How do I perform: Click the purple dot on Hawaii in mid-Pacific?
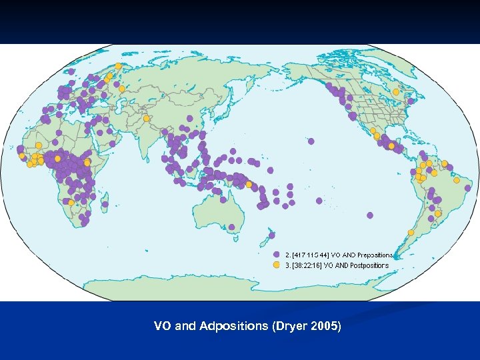click(311, 141)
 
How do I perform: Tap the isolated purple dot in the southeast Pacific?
click(370, 215)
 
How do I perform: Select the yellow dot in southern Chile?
click(411, 232)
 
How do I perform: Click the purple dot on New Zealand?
click(272, 235)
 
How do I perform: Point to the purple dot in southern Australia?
click(232, 227)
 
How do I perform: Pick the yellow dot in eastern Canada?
click(395, 92)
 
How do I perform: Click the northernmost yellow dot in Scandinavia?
click(118, 66)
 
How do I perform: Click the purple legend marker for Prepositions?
click(277, 255)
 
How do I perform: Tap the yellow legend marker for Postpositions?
click(277, 265)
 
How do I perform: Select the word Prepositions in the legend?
click(375, 255)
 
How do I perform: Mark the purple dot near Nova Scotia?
click(411, 101)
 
